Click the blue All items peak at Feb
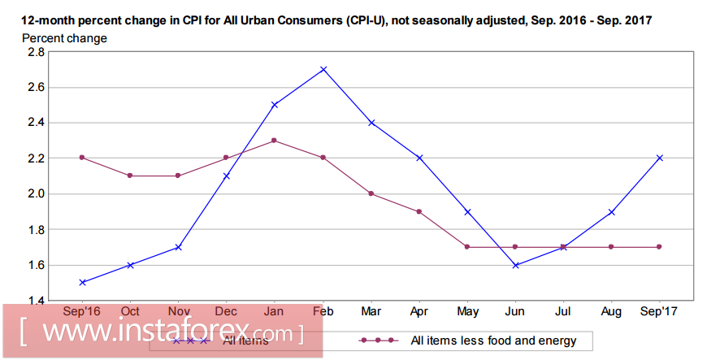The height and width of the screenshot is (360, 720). [x=323, y=69]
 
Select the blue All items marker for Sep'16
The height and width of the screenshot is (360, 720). [x=83, y=282]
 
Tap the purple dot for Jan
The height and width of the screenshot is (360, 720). [x=275, y=140]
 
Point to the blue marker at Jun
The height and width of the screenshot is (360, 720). [x=515, y=265]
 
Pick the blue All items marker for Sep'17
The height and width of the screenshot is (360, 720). [x=659, y=158]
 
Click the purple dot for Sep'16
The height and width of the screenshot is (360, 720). [x=83, y=158]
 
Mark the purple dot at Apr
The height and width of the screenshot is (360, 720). [x=419, y=211]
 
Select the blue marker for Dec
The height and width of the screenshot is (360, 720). [x=227, y=176]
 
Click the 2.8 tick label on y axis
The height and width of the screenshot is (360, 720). [x=36, y=51]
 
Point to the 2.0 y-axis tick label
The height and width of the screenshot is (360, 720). [x=36, y=193]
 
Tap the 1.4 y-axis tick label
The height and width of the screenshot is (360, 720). [x=36, y=301]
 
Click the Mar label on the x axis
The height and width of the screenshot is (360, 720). [x=371, y=311]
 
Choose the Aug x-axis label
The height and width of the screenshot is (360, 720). [x=611, y=311]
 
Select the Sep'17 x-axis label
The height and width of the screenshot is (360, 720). [x=659, y=311]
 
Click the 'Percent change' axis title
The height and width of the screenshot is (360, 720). [x=64, y=37]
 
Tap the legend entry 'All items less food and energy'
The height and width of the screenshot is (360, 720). [x=493, y=340]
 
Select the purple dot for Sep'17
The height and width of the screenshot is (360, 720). [x=659, y=246]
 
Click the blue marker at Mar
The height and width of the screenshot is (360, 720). [x=371, y=122]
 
